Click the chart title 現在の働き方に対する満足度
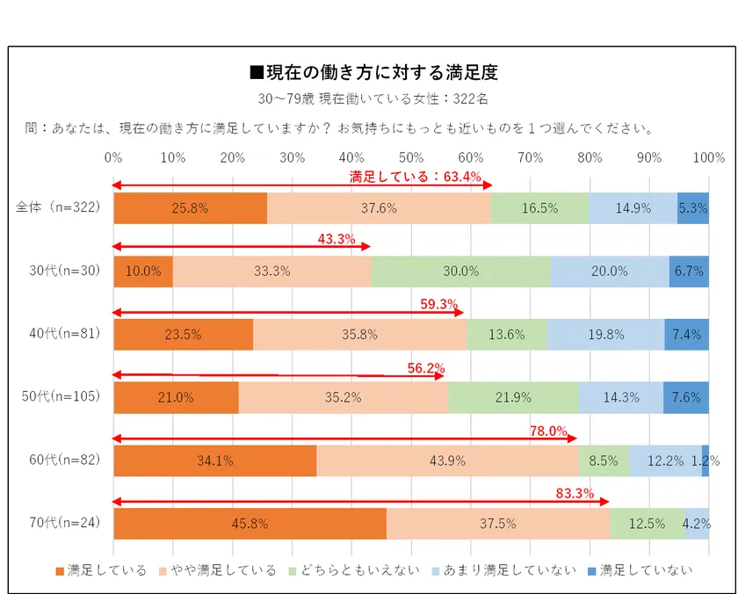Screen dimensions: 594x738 pyautogui.click(x=374, y=72)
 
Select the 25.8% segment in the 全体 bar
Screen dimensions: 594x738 pyautogui.click(x=190, y=208)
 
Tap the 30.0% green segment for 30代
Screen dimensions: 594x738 pyautogui.click(x=460, y=272)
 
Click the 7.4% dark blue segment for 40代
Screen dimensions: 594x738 pyautogui.click(x=686, y=334)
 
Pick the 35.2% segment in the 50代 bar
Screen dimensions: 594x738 pyautogui.click(x=343, y=397)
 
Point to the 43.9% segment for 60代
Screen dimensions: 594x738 pyautogui.click(x=447, y=460)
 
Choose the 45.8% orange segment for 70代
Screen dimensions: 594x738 pyautogui.click(x=250, y=523)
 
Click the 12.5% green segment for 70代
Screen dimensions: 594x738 pyautogui.click(x=647, y=523)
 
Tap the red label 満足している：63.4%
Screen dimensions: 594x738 pyautogui.click(x=416, y=177)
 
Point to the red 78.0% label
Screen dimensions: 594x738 pyautogui.click(x=549, y=431)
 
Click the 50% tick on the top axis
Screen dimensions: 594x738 pyautogui.click(x=411, y=158)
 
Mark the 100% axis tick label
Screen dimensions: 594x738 pyautogui.click(x=708, y=158)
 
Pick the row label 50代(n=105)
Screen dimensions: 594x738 pyautogui.click(x=61, y=397)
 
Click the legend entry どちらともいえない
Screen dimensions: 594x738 pyautogui.click(x=361, y=569)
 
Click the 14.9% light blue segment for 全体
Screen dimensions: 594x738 pyautogui.click(x=633, y=208)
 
